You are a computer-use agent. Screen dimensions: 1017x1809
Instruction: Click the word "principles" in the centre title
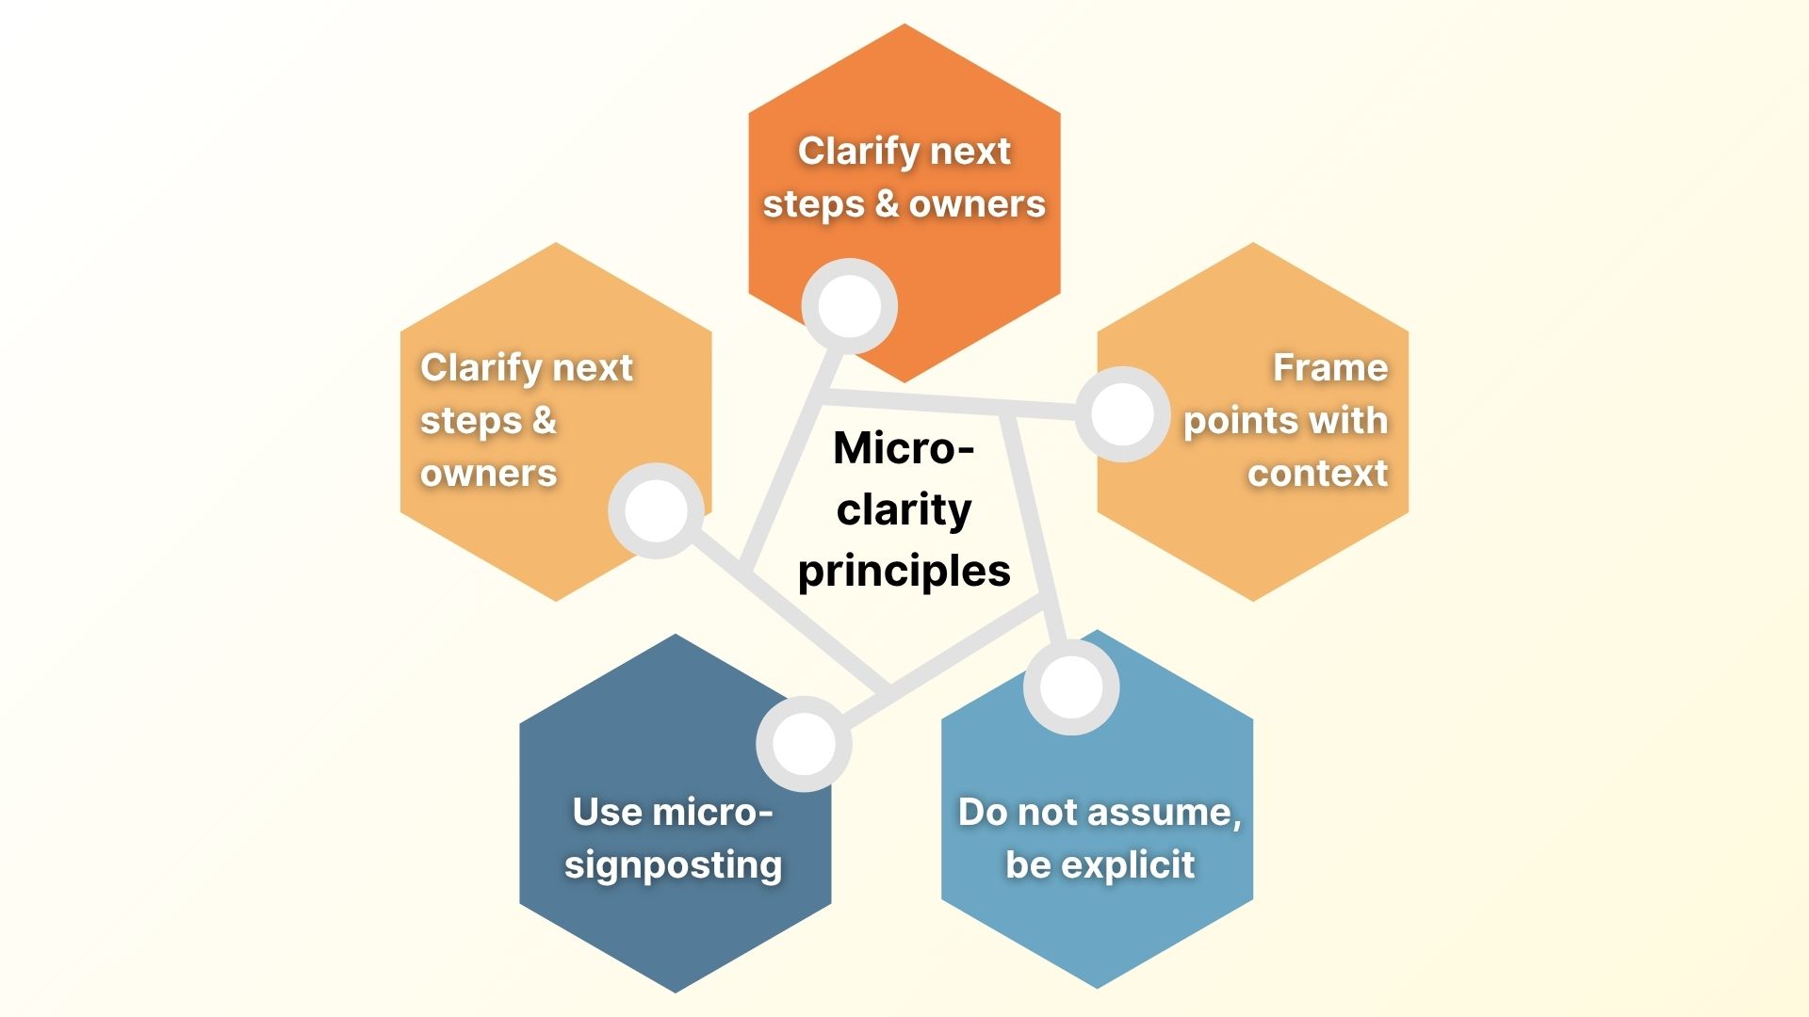click(x=904, y=572)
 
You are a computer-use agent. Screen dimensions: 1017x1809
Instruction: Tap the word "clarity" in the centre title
click(x=904, y=509)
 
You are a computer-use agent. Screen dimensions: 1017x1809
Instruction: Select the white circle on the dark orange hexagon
click(x=849, y=306)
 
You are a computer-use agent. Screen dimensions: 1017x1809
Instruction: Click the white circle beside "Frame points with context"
click(x=1123, y=414)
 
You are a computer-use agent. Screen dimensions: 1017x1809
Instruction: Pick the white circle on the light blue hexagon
click(x=1071, y=687)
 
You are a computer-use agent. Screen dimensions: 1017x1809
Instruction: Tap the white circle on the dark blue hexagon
click(x=804, y=743)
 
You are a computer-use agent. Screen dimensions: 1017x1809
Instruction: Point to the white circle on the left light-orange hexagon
click(x=656, y=510)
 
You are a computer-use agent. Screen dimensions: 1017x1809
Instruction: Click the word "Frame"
click(x=1329, y=367)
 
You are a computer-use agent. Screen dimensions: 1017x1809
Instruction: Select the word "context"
click(x=1317, y=473)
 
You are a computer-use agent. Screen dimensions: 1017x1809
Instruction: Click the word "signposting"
click(x=673, y=864)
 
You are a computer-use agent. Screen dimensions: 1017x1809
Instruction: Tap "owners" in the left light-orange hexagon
click(x=488, y=473)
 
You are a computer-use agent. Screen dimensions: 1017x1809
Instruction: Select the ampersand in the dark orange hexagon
click(x=887, y=203)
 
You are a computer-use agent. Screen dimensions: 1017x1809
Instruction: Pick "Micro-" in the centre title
click(x=904, y=448)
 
